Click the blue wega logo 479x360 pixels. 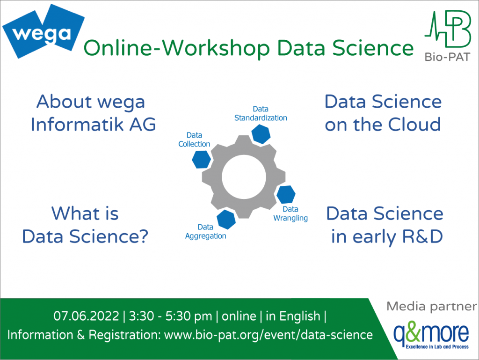point(43,32)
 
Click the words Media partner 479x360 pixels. point(431,307)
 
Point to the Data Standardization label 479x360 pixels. point(261,113)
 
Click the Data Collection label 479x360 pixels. point(194,140)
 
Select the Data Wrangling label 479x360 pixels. point(290,213)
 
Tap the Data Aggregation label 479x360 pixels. point(205,232)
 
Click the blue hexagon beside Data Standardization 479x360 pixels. point(261,133)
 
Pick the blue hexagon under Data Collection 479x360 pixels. point(201,159)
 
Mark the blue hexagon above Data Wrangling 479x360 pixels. point(286,194)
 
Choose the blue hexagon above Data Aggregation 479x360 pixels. point(225,219)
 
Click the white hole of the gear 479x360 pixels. point(243,177)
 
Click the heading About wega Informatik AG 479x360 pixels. point(93,113)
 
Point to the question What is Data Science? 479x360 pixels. point(85,225)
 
